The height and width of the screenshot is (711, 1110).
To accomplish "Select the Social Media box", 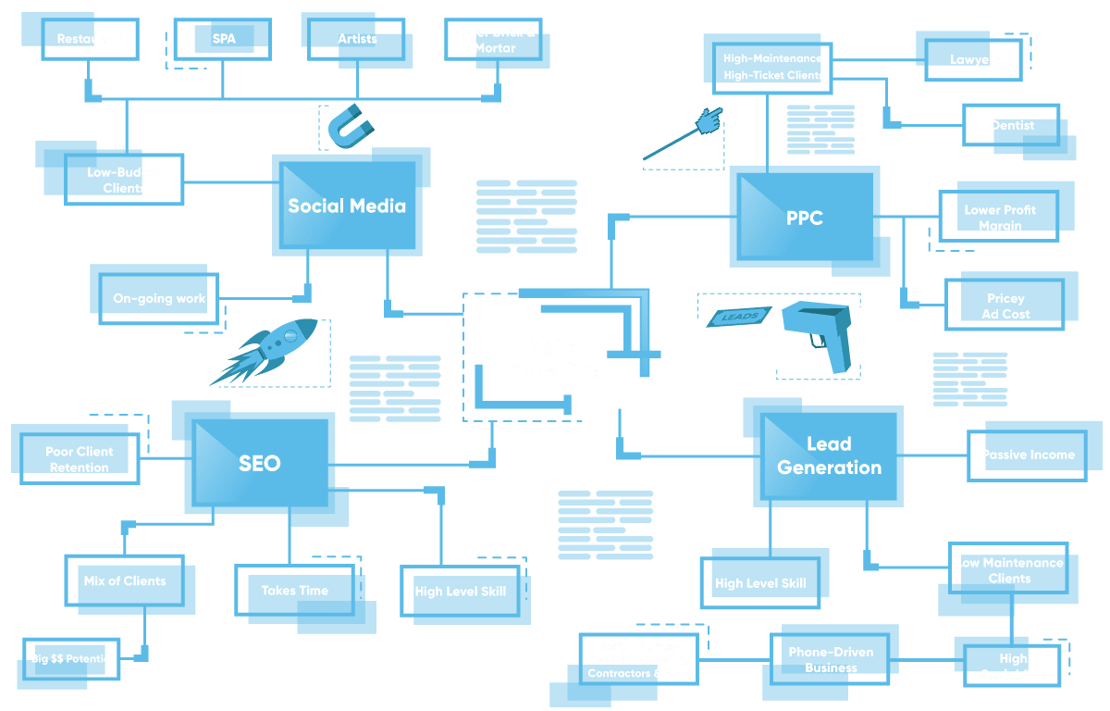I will tap(347, 206).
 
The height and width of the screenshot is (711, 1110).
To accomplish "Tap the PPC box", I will tap(804, 218).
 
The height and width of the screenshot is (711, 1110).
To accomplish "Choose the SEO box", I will tap(259, 463).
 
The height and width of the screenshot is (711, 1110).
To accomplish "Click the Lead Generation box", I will tap(828, 455).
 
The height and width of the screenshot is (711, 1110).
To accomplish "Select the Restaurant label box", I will tap(90, 39).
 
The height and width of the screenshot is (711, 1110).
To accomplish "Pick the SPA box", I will tap(224, 39).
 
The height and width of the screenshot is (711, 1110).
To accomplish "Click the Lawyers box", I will tap(974, 59).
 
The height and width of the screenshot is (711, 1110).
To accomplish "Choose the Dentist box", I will tap(1013, 126).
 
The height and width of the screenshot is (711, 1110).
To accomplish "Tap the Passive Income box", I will tap(1028, 455).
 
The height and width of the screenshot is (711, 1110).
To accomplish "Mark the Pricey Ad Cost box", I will tap(1006, 306).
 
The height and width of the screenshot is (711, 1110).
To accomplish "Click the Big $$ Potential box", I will tap(71, 659).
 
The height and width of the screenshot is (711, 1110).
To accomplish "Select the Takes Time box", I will tap(295, 591).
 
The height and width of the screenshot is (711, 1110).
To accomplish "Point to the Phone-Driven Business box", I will tap(830, 659).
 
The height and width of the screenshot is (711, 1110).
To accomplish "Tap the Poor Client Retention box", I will tap(79, 459).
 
